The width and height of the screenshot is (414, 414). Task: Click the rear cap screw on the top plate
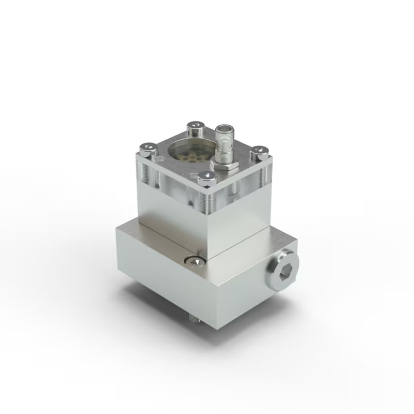195,126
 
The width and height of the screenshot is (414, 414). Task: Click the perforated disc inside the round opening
189,155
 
